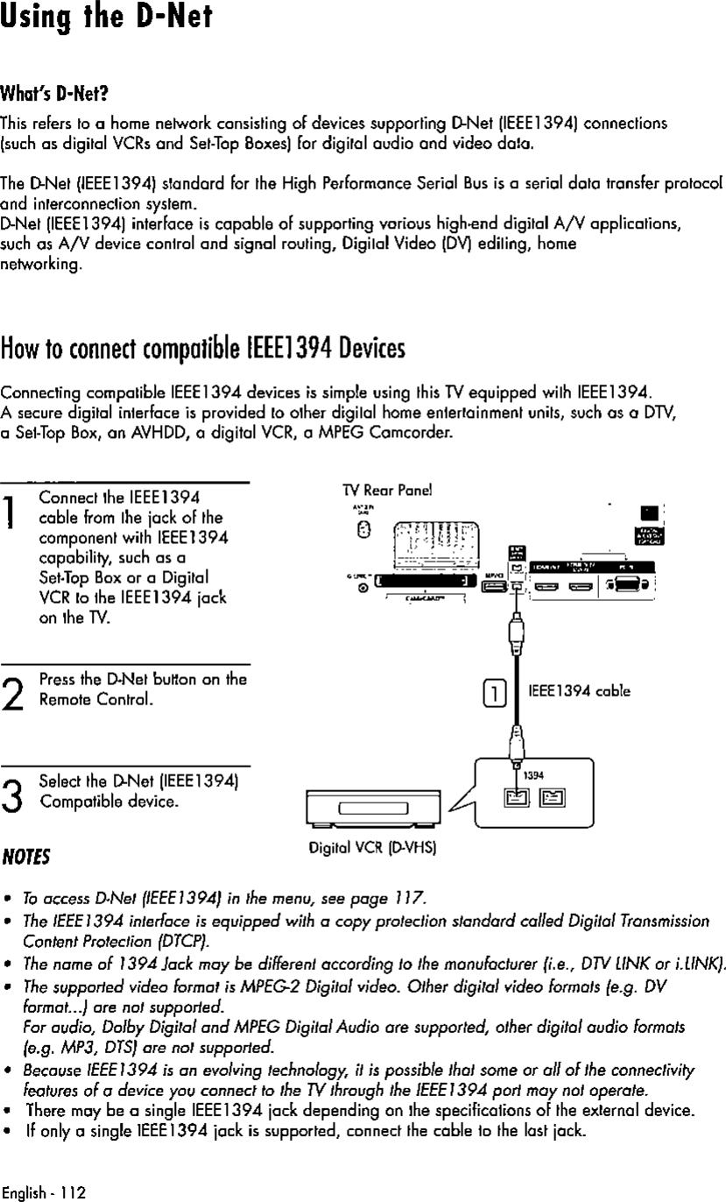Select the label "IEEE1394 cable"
click(577, 689)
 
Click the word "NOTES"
click(26, 854)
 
